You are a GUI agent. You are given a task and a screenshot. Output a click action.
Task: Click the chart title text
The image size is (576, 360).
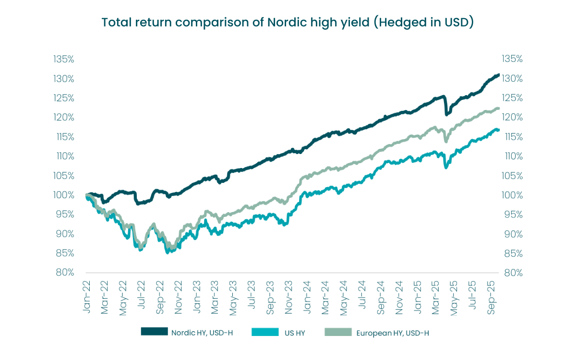tap(288, 23)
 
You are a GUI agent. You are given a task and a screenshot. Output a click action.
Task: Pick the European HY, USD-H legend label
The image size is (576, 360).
tap(393, 332)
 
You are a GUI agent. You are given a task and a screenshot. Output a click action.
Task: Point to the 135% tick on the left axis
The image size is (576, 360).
tap(64, 59)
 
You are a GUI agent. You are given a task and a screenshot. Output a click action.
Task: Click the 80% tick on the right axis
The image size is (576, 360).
tap(512, 272)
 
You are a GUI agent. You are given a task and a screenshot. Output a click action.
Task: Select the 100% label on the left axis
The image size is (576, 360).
tap(64, 195)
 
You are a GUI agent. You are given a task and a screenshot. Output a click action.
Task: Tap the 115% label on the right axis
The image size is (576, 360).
tap(512, 137)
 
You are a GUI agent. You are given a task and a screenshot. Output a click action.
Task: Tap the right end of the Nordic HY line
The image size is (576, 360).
tap(499, 75)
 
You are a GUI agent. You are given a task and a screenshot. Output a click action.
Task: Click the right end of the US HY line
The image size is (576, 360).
tap(499, 130)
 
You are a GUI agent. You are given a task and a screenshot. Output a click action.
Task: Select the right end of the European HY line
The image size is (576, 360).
tap(499, 108)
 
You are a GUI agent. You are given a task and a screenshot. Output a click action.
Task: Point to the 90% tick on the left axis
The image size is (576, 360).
tap(64, 234)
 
